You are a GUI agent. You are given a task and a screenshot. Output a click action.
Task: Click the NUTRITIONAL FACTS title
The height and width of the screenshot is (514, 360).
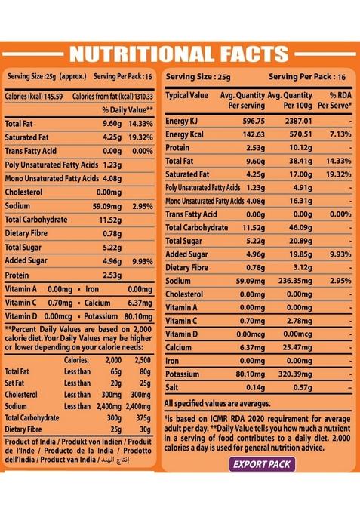point(179,54)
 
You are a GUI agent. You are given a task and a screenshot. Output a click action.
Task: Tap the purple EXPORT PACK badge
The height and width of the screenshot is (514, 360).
point(262,464)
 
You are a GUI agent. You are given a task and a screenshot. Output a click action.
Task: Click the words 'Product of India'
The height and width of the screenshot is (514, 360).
point(29,442)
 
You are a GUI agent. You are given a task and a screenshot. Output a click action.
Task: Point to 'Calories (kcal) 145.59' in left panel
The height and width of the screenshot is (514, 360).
point(35,96)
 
